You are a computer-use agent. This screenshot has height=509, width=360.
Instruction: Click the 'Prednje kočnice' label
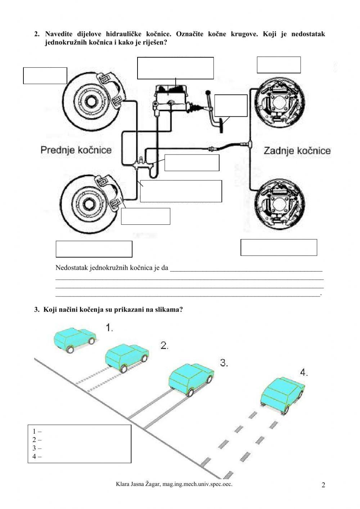click(x=76, y=149)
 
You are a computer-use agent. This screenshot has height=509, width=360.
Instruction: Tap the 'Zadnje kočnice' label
click(x=297, y=150)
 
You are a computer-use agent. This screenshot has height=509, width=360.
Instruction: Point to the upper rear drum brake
click(x=280, y=106)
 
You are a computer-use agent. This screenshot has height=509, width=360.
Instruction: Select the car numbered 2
click(x=127, y=357)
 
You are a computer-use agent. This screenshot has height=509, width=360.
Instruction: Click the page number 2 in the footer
click(x=323, y=485)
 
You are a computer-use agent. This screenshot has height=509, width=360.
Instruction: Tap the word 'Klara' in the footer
click(x=122, y=484)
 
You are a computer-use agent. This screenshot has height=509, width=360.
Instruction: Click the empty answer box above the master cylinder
click(x=175, y=68)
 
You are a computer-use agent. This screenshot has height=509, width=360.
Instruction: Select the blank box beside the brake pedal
click(x=231, y=106)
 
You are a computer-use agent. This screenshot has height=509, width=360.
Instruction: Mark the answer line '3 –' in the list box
click(x=37, y=448)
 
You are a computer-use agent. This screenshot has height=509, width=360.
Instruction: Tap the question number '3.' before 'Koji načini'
click(x=37, y=309)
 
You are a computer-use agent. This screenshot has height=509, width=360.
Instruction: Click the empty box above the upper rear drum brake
click(x=279, y=65)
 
